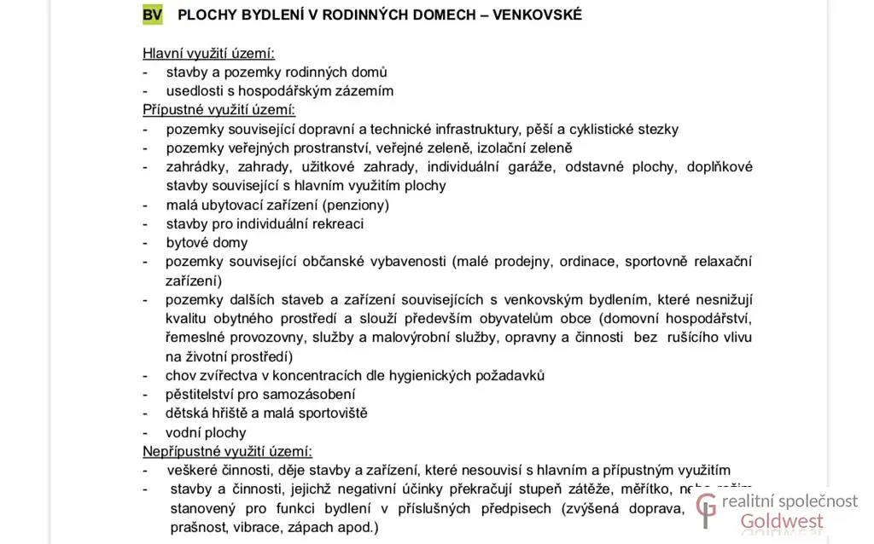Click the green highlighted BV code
[153, 15]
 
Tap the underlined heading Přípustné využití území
[218, 110]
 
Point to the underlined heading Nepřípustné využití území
[227, 451]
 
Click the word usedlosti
[195, 90]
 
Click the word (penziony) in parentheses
[355, 205]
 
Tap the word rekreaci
[335, 223]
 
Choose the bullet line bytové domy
[207, 242]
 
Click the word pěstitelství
[204, 394]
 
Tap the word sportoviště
[329, 413]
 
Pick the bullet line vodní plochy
[206, 432]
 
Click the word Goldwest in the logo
[782, 521]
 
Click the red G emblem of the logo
[705, 511]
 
